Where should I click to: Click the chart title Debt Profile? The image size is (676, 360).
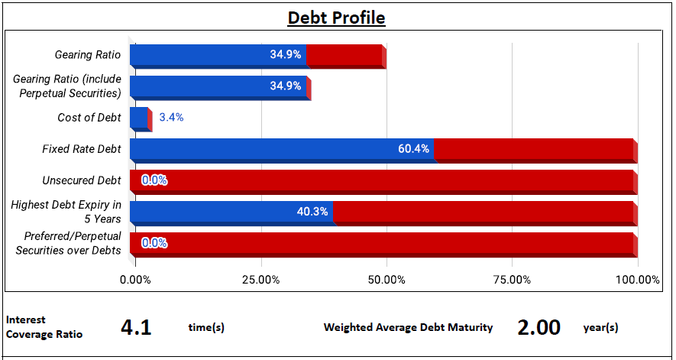click(x=336, y=18)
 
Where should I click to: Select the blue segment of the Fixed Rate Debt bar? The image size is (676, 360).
click(x=282, y=149)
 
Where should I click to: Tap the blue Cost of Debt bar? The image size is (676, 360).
click(x=139, y=118)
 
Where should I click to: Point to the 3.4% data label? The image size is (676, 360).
click(x=171, y=118)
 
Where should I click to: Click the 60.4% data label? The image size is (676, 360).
click(x=414, y=149)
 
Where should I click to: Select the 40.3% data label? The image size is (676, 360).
click(x=312, y=212)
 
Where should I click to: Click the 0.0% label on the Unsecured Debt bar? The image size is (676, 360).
click(x=154, y=180)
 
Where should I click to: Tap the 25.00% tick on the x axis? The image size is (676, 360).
click(x=261, y=280)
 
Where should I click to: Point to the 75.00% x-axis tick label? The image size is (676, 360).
click(x=513, y=280)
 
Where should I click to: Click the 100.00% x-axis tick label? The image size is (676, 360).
click(x=638, y=280)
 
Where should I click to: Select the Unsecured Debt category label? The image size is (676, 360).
click(x=82, y=180)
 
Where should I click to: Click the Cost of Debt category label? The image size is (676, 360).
click(x=89, y=118)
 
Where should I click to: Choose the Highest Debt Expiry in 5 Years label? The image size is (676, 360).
click(x=66, y=212)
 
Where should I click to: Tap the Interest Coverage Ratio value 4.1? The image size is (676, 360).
click(x=136, y=328)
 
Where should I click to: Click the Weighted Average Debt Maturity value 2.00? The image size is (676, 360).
click(x=539, y=328)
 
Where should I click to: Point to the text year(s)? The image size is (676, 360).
click(x=600, y=328)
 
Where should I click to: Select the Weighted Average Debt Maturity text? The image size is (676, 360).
click(x=408, y=328)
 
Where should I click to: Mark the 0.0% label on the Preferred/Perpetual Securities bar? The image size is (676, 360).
click(x=154, y=244)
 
